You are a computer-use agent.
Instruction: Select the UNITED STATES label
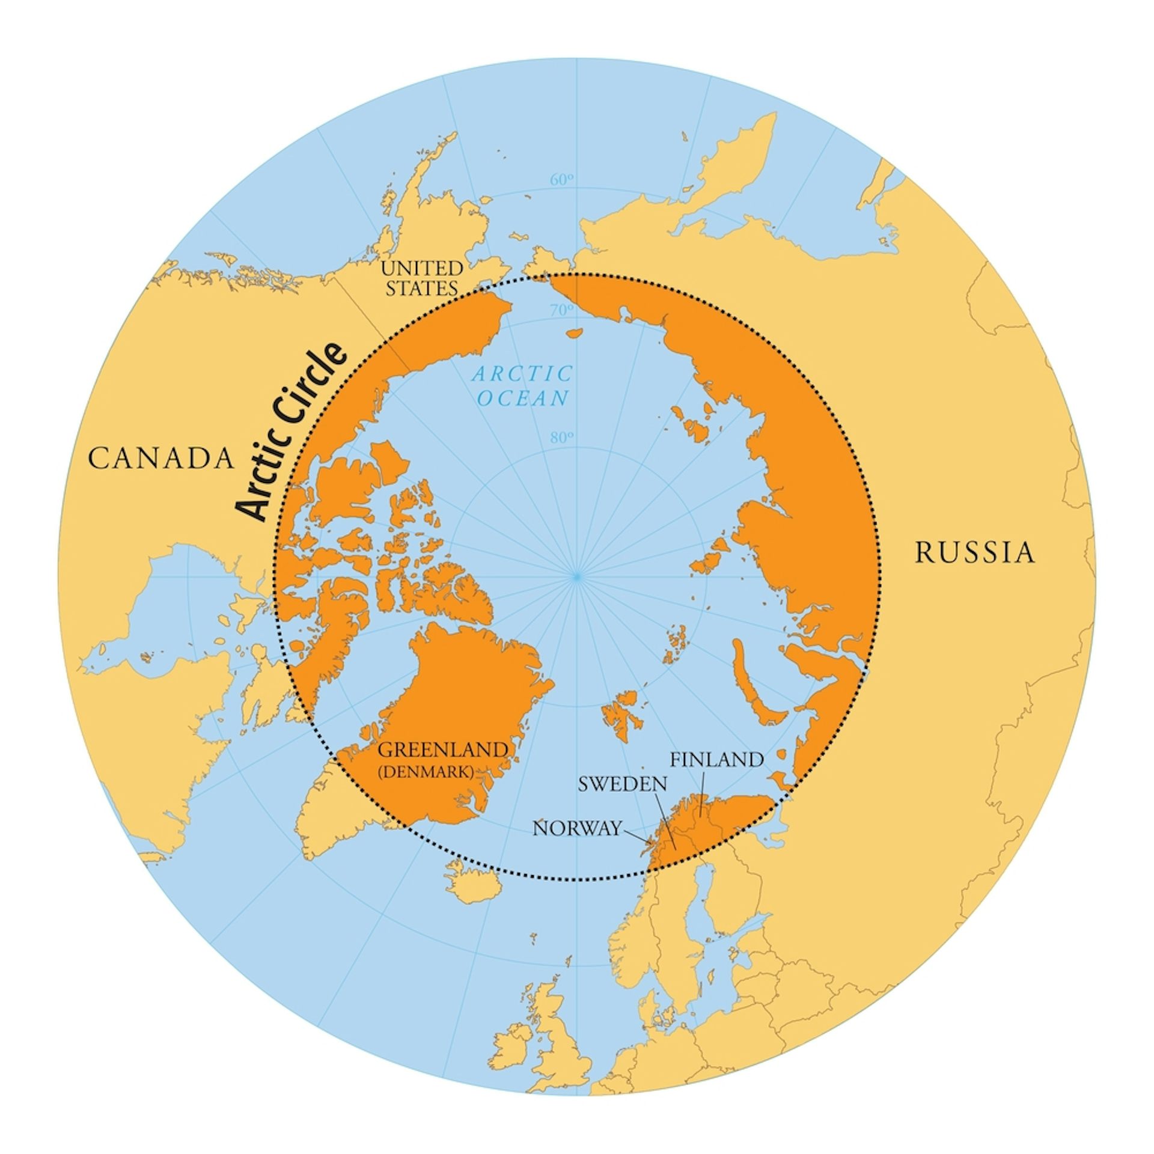tap(423, 278)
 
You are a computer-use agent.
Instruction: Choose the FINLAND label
tap(717, 759)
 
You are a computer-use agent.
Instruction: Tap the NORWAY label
tap(576, 829)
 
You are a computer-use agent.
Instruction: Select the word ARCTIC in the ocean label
tap(522, 374)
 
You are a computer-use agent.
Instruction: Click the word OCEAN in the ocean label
tap(524, 398)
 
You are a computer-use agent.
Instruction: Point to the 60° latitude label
tap(562, 180)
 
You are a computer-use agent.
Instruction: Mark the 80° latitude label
tap(562, 437)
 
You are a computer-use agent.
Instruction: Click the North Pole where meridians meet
tap(576, 576)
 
